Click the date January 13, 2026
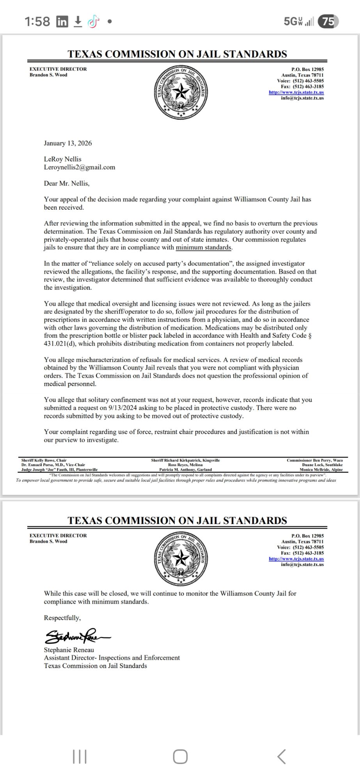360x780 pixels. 68,143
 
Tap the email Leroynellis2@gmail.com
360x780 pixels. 80,167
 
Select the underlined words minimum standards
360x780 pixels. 204,247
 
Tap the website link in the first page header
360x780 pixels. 296,92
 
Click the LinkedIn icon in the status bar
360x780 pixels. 62,22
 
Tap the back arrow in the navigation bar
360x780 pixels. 281,757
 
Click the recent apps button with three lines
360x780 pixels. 80,757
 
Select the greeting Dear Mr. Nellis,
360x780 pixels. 67,183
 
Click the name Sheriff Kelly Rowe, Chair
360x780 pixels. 44,460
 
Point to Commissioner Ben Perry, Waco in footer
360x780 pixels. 314,460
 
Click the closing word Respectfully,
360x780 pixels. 62,618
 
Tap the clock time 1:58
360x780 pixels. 37,22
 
